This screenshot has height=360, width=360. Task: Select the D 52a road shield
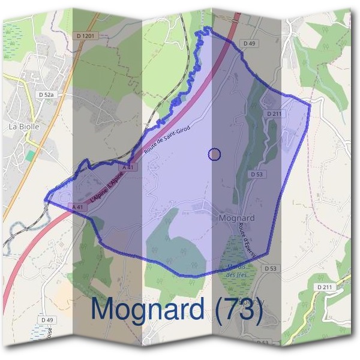pyautogui.click(x=46, y=94)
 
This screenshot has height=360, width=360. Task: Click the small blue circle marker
pyautogui.click(x=214, y=154)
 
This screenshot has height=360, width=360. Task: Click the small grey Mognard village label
pyautogui.click(x=238, y=218)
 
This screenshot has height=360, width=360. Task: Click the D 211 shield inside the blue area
pyautogui.click(x=275, y=113)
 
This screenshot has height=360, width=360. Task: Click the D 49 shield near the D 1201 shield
pyautogui.click(x=250, y=43)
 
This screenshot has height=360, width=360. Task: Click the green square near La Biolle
pyautogui.click(x=30, y=155)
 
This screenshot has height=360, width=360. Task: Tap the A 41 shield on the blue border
pyautogui.click(x=77, y=207)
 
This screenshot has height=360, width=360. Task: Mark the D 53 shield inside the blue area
pyautogui.click(x=256, y=174)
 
